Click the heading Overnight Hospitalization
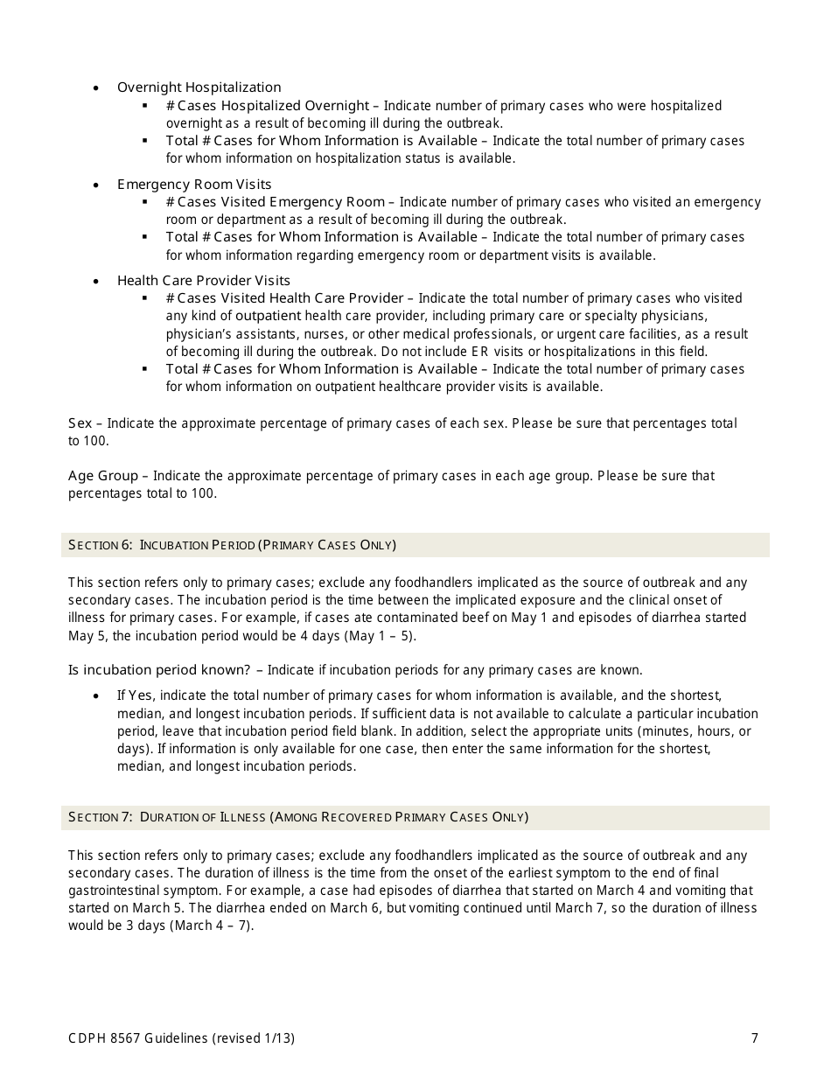[199, 87]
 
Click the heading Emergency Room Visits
[194, 184]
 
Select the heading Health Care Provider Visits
[203, 281]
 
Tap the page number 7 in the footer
[754, 1038]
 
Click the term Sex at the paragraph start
[80, 423]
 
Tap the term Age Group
[103, 476]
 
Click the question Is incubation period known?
[159, 670]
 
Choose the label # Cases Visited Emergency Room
[275, 202]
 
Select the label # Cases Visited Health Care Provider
[284, 298]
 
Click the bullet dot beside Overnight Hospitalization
[96, 88]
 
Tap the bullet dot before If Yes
[96, 696]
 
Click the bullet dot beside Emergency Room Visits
[96, 185]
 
